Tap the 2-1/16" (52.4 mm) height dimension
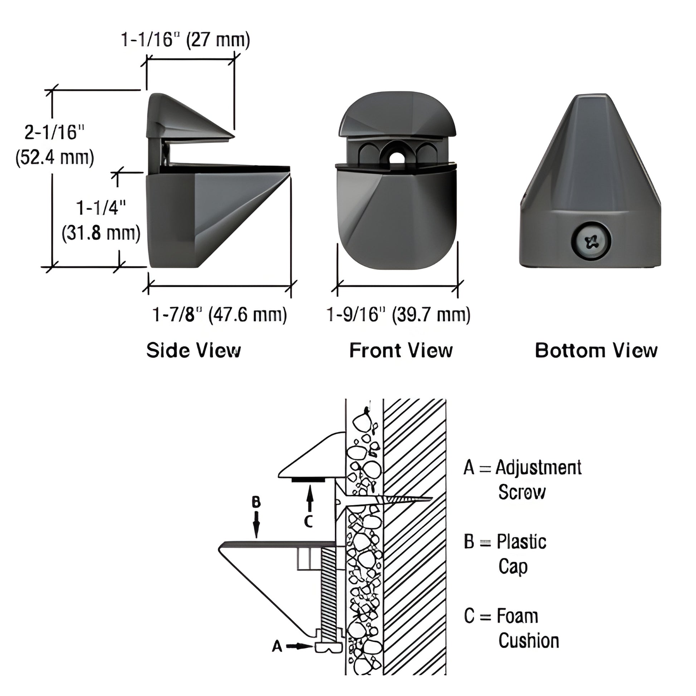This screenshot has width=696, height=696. point(55,145)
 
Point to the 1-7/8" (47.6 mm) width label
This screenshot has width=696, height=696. point(219,315)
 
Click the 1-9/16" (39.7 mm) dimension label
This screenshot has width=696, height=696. point(398,315)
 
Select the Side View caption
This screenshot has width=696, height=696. point(193,350)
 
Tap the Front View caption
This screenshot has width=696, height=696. point(401,350)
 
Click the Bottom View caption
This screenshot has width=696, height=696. point(596,350)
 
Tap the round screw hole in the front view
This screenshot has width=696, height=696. point(397,157)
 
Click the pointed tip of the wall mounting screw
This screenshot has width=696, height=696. point(431,499)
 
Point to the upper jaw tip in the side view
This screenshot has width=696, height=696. point(234,137)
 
